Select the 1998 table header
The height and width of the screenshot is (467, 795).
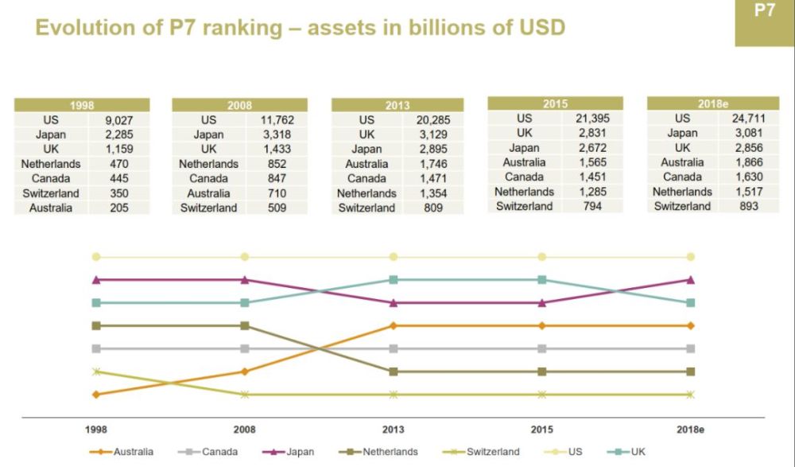(81, 105)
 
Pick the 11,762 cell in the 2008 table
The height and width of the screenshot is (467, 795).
(276, 120)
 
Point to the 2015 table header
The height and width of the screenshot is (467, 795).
(555, 103)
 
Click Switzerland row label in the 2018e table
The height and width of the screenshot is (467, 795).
(682, 206)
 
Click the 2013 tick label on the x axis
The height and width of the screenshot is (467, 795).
(393, 430)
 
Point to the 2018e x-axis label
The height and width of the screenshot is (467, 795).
(690, 430)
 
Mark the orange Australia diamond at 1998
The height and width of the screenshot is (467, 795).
(96, 395)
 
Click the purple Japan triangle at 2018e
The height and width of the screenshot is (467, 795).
(690, 279)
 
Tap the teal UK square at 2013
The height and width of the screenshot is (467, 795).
(393, 279)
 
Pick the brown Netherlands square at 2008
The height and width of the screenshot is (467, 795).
(245, 325)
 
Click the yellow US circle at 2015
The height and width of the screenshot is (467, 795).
(541, 257)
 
